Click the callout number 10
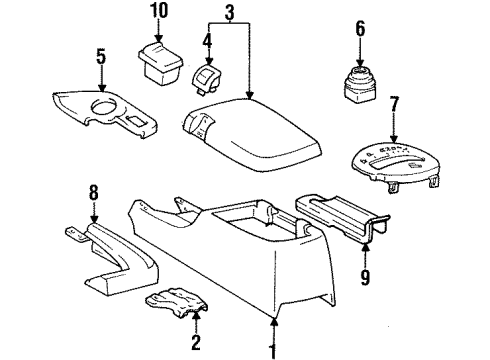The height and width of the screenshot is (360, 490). tap(161, 11)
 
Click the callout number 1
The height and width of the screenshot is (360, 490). tap(273, 352)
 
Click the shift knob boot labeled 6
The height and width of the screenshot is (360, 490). tap(358, 84)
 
